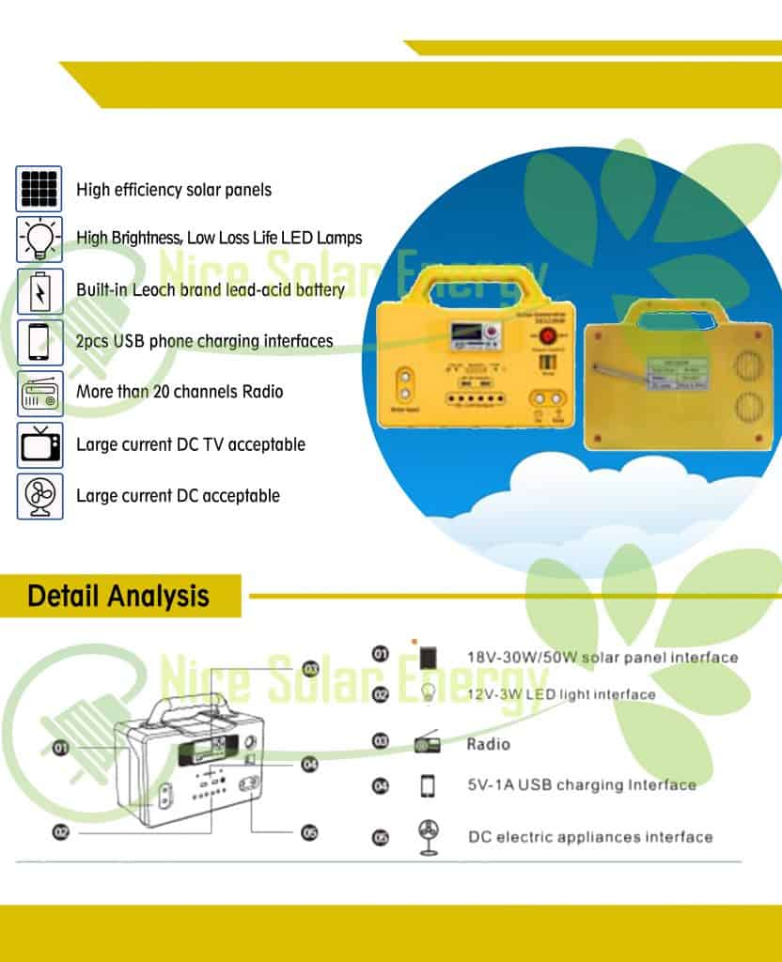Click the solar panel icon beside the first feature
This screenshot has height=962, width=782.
click(x=39, y=189)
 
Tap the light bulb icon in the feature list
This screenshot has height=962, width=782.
click(x=39, y=239)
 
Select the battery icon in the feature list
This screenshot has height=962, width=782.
click(x=39, y=290)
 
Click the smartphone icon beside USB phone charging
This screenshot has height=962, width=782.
click(x=39, y=341)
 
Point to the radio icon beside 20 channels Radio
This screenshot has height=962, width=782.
click(x=39, y=393)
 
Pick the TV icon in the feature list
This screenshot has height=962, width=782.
click(x=39, y=444)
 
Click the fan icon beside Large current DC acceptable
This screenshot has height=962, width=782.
click(x=39, y=496)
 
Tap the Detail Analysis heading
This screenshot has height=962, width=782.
click(x=118, y=597)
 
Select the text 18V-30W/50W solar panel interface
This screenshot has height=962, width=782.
click(x=602, y=657)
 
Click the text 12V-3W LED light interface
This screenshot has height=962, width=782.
click(x=561, y=694)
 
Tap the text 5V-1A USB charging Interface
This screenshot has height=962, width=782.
click(x=582, y=784)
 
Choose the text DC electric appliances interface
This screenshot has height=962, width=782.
click(x=590, y=836)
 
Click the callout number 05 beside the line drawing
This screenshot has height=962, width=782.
click(x=309, y=831)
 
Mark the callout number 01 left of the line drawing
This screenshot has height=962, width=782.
click(x=61, y=748)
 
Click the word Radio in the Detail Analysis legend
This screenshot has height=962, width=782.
click(x=489, y=744)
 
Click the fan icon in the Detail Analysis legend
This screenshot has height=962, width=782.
click(x=428, y=835)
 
